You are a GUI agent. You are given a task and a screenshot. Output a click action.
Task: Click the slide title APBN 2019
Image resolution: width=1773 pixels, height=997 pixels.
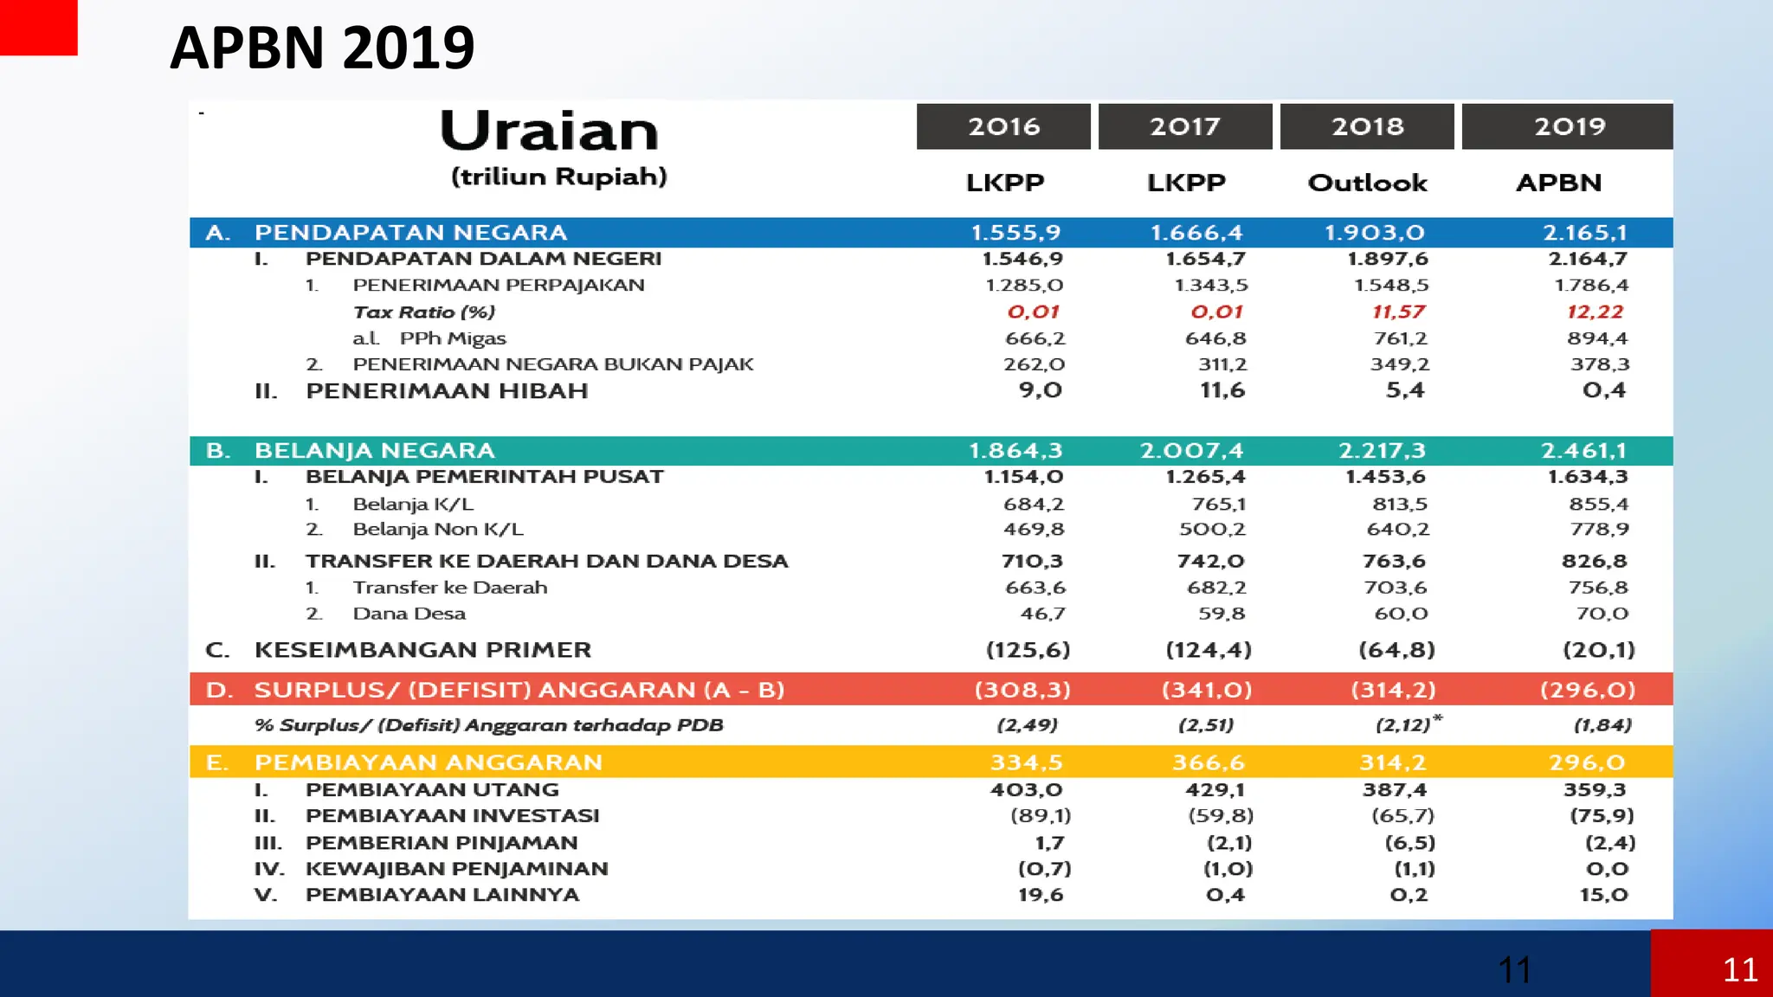pyautogui.click(x=322, y=48)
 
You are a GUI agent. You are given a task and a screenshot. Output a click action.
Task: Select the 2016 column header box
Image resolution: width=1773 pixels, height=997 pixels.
pyautogui.click(x=1003, y=126)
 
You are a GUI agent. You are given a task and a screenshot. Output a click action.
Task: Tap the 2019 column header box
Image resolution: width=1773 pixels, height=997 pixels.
pyautogui.click(x=1568, y=126)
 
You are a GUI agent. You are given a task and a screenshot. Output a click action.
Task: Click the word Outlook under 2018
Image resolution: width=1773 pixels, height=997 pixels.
pyautogui.click(x=1367, y=183)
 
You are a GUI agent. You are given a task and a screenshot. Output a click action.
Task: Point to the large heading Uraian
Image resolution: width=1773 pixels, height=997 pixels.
pyautogui.click(x=549, y=132)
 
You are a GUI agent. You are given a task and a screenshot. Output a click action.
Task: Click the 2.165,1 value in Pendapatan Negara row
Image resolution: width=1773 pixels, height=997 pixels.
pyautogui.click(x=1584, y=232)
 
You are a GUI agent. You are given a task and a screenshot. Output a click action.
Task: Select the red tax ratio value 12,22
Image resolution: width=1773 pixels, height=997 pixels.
pyautogui.click(x=1595, y=312)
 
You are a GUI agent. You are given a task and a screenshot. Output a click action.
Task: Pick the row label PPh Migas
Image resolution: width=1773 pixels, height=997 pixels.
pyautogui.click(x=452, y=338)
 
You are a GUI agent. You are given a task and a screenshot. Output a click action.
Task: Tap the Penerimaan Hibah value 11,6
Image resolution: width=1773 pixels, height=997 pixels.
pyautogui.click(x=1222, y=390)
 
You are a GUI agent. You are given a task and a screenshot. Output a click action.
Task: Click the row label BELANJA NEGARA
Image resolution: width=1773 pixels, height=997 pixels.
pyautogui.click(x=374, y=450)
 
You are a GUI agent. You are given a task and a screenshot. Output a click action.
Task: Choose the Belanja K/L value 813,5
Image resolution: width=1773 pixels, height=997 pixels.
pyautogui.click(x=1399, y=504)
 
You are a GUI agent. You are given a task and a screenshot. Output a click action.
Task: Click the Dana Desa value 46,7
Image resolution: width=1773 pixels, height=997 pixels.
pyautogui.click(x=1042, y=614)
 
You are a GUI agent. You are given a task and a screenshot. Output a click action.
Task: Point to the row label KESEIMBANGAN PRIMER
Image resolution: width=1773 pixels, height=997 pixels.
pyautogui.click(x=422, y=650)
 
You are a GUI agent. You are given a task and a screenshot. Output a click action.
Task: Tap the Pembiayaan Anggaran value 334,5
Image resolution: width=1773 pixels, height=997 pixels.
pyautogui.click(x=1026, y=762)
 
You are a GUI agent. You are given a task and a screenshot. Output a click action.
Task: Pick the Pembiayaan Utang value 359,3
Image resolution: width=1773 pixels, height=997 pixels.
pyautogui.click(x=1594, y=789)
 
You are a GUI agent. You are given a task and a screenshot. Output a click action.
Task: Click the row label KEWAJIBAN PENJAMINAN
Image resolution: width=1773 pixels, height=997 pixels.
pyautogui.click(x=456, y=869)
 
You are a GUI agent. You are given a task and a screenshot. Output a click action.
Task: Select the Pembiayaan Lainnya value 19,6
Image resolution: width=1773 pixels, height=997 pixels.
pyautogui.click(x=1040, y=895)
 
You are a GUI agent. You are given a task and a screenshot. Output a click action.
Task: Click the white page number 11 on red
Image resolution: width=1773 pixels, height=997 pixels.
pyautogui.click(x=1739, y=970)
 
